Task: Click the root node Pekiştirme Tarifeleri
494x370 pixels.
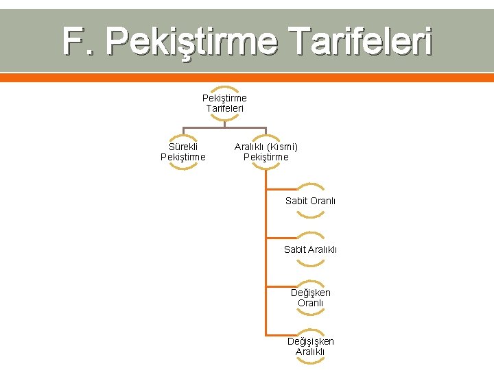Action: [x=224, y=103]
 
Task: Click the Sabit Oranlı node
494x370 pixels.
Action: [x=310, y=201]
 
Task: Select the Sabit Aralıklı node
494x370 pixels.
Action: [x=310, y=249]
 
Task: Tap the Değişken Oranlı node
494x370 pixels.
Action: [x=310, y=298]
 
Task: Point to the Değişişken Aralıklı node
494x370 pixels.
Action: [x=310, y=347]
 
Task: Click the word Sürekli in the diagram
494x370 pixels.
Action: [x=183, y=147]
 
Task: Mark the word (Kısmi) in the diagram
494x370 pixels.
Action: [x=282, y=147]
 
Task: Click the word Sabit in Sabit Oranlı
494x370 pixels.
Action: [x=296, y=201]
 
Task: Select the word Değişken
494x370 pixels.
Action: [x=310, y=293]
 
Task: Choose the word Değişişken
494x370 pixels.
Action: [x=310, y=341]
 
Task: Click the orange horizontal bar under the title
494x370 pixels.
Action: [x=247, y=77]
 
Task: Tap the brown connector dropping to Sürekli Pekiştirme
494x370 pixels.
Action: [x=183, y=134]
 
